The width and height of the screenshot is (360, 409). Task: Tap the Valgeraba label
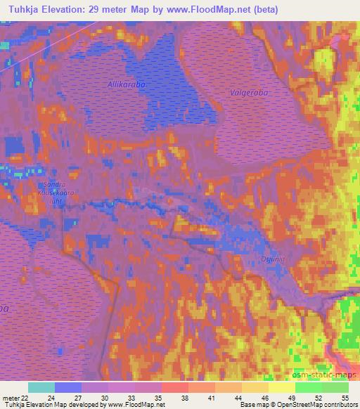pos(250,92)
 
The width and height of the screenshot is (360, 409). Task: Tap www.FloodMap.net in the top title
pos(216,10)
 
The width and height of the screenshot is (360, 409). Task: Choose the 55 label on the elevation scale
pos(345,397)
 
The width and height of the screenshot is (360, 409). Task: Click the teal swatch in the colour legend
pos(41,387)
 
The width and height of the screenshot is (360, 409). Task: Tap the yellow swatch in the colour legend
pos(282,387)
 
